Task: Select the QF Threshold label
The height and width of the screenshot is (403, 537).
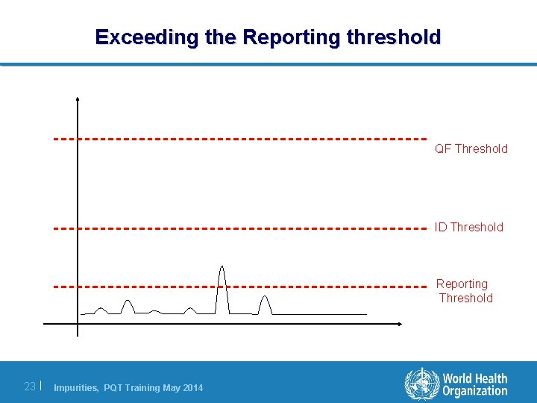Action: point(471,149)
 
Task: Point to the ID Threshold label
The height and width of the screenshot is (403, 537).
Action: point(469,227)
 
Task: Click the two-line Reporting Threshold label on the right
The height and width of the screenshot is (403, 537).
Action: point(463,291)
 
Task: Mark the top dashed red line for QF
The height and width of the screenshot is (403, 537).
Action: point(239,139)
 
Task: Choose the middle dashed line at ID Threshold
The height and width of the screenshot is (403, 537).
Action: point(239,228)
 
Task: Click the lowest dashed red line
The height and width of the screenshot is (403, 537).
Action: point(239,286)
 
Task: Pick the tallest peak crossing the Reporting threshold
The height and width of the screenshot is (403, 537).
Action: point(222,269)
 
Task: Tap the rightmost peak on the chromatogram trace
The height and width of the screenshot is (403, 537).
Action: point(264,299)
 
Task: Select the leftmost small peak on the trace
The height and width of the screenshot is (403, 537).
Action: point(101,310)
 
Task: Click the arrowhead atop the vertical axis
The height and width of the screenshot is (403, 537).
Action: point(77,99)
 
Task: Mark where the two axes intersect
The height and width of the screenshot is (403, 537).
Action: point(77,324)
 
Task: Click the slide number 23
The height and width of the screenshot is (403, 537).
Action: point(30,387)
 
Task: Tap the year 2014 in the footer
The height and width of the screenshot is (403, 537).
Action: point(191,387)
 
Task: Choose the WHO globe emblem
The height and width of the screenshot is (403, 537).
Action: point(421,384)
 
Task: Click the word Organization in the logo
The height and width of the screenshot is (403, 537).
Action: point(474,392)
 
